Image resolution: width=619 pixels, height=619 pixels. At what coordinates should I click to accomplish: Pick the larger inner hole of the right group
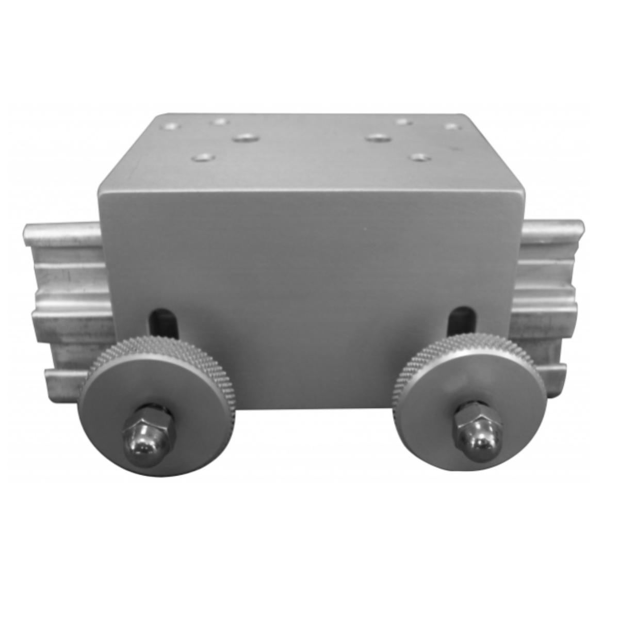pos(379,138)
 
